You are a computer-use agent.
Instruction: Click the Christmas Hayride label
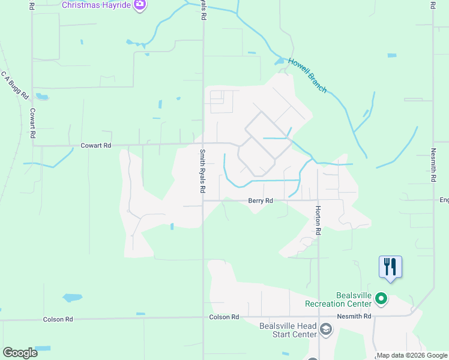(x=96, y=5)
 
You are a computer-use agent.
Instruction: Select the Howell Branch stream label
(x=307, y=75)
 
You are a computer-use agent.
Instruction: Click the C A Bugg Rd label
(x=15, y=85)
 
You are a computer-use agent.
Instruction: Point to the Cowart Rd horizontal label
(x=96, y=145)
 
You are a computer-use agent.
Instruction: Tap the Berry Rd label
(x=261, y=201)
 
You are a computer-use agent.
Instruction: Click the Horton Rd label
(x=319, y=220)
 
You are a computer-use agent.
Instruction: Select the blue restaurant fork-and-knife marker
(x=390, y=266)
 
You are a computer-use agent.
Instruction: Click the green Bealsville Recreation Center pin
(x=381, y=298)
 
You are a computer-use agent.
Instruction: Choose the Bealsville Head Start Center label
(x=288, y=330)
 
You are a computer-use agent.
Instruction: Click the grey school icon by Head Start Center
(x=326, y=329)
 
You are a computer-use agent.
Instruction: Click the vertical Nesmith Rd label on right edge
(x=433, y=165)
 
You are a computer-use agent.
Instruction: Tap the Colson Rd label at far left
(x=58, y=319)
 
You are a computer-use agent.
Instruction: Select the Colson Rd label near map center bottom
(x=224, y=317)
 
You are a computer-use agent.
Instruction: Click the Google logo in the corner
(x=20, y=353)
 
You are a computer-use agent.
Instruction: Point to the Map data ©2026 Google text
(x=412, y=355)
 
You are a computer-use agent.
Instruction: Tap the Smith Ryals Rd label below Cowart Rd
(x=203, y=170)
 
